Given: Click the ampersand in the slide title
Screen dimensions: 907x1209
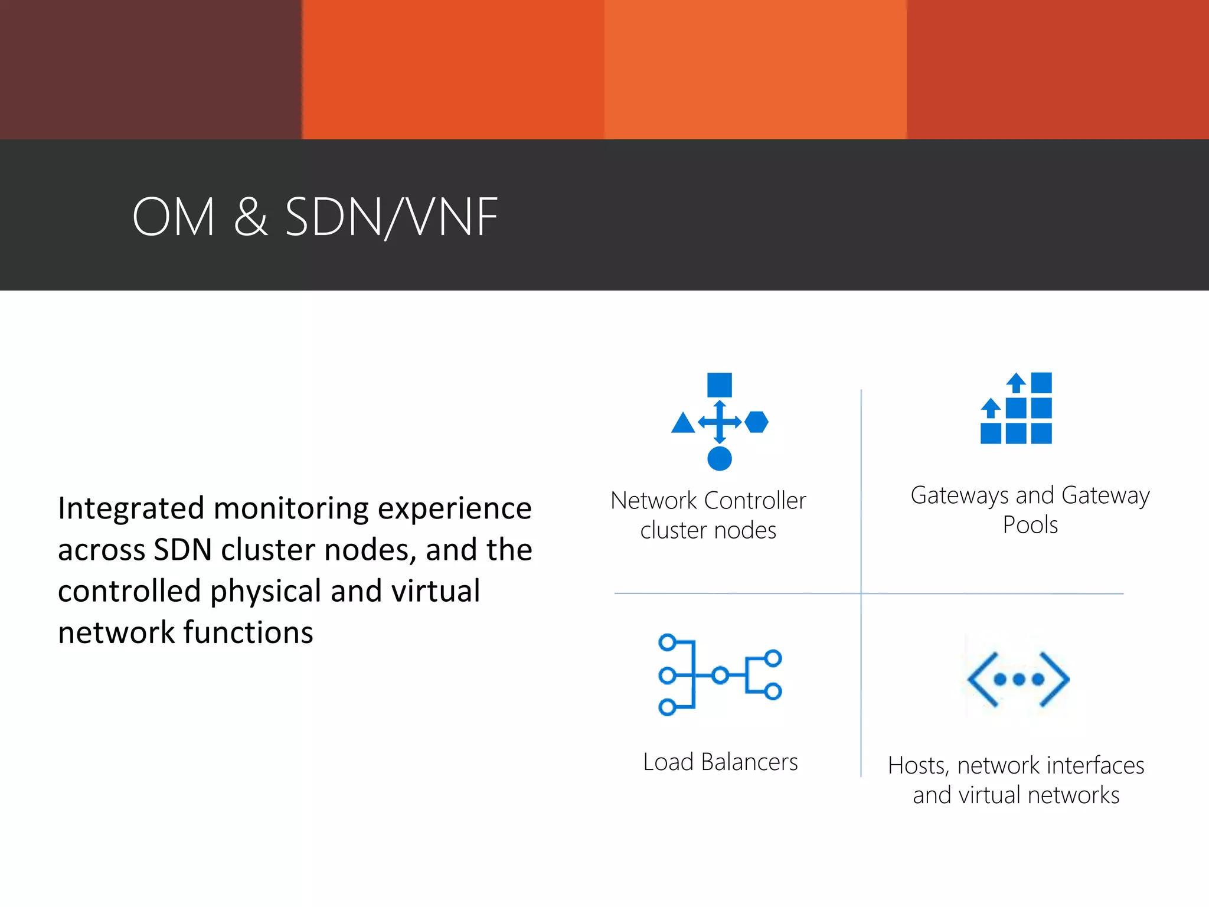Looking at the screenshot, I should (x=251, y=217).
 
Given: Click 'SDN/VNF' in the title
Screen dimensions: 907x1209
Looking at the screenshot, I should (x=391, y=217).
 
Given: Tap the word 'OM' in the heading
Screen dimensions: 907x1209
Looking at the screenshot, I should (x=174, y=217).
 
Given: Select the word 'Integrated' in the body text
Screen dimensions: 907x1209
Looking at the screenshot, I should (x=131, y=509).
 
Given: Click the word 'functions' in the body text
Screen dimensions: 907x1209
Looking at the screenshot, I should (x=249, y=633).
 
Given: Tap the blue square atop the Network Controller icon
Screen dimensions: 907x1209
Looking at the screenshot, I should (x=720, y=385).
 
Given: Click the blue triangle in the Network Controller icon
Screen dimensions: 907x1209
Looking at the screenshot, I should (x=683, y=423).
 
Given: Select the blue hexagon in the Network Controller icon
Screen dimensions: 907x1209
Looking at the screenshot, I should (x=757, y=422).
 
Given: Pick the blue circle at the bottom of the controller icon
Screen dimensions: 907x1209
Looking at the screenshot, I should (x=720, y=458).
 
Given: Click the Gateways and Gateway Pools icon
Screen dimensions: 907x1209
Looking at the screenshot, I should (x=1017, y=409).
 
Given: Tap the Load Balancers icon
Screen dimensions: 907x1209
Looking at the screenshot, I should (x=720, y=675).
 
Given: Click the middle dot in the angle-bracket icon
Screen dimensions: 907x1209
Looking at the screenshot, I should (x=1019, y=680).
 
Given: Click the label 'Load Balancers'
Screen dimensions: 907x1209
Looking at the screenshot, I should (x=720, y=762).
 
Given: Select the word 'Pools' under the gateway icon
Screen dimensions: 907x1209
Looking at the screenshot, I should (x=1030, y=525).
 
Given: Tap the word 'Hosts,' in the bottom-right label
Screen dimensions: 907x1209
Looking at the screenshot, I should (x=919, y=766).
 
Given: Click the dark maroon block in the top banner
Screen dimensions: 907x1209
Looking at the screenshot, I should (x=151, y=69).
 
